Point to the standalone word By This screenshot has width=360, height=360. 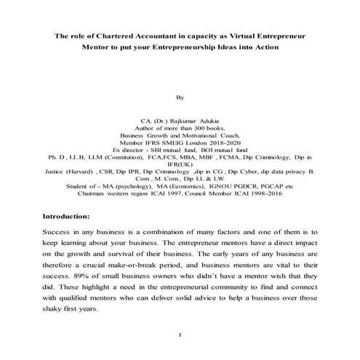point(180,95)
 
